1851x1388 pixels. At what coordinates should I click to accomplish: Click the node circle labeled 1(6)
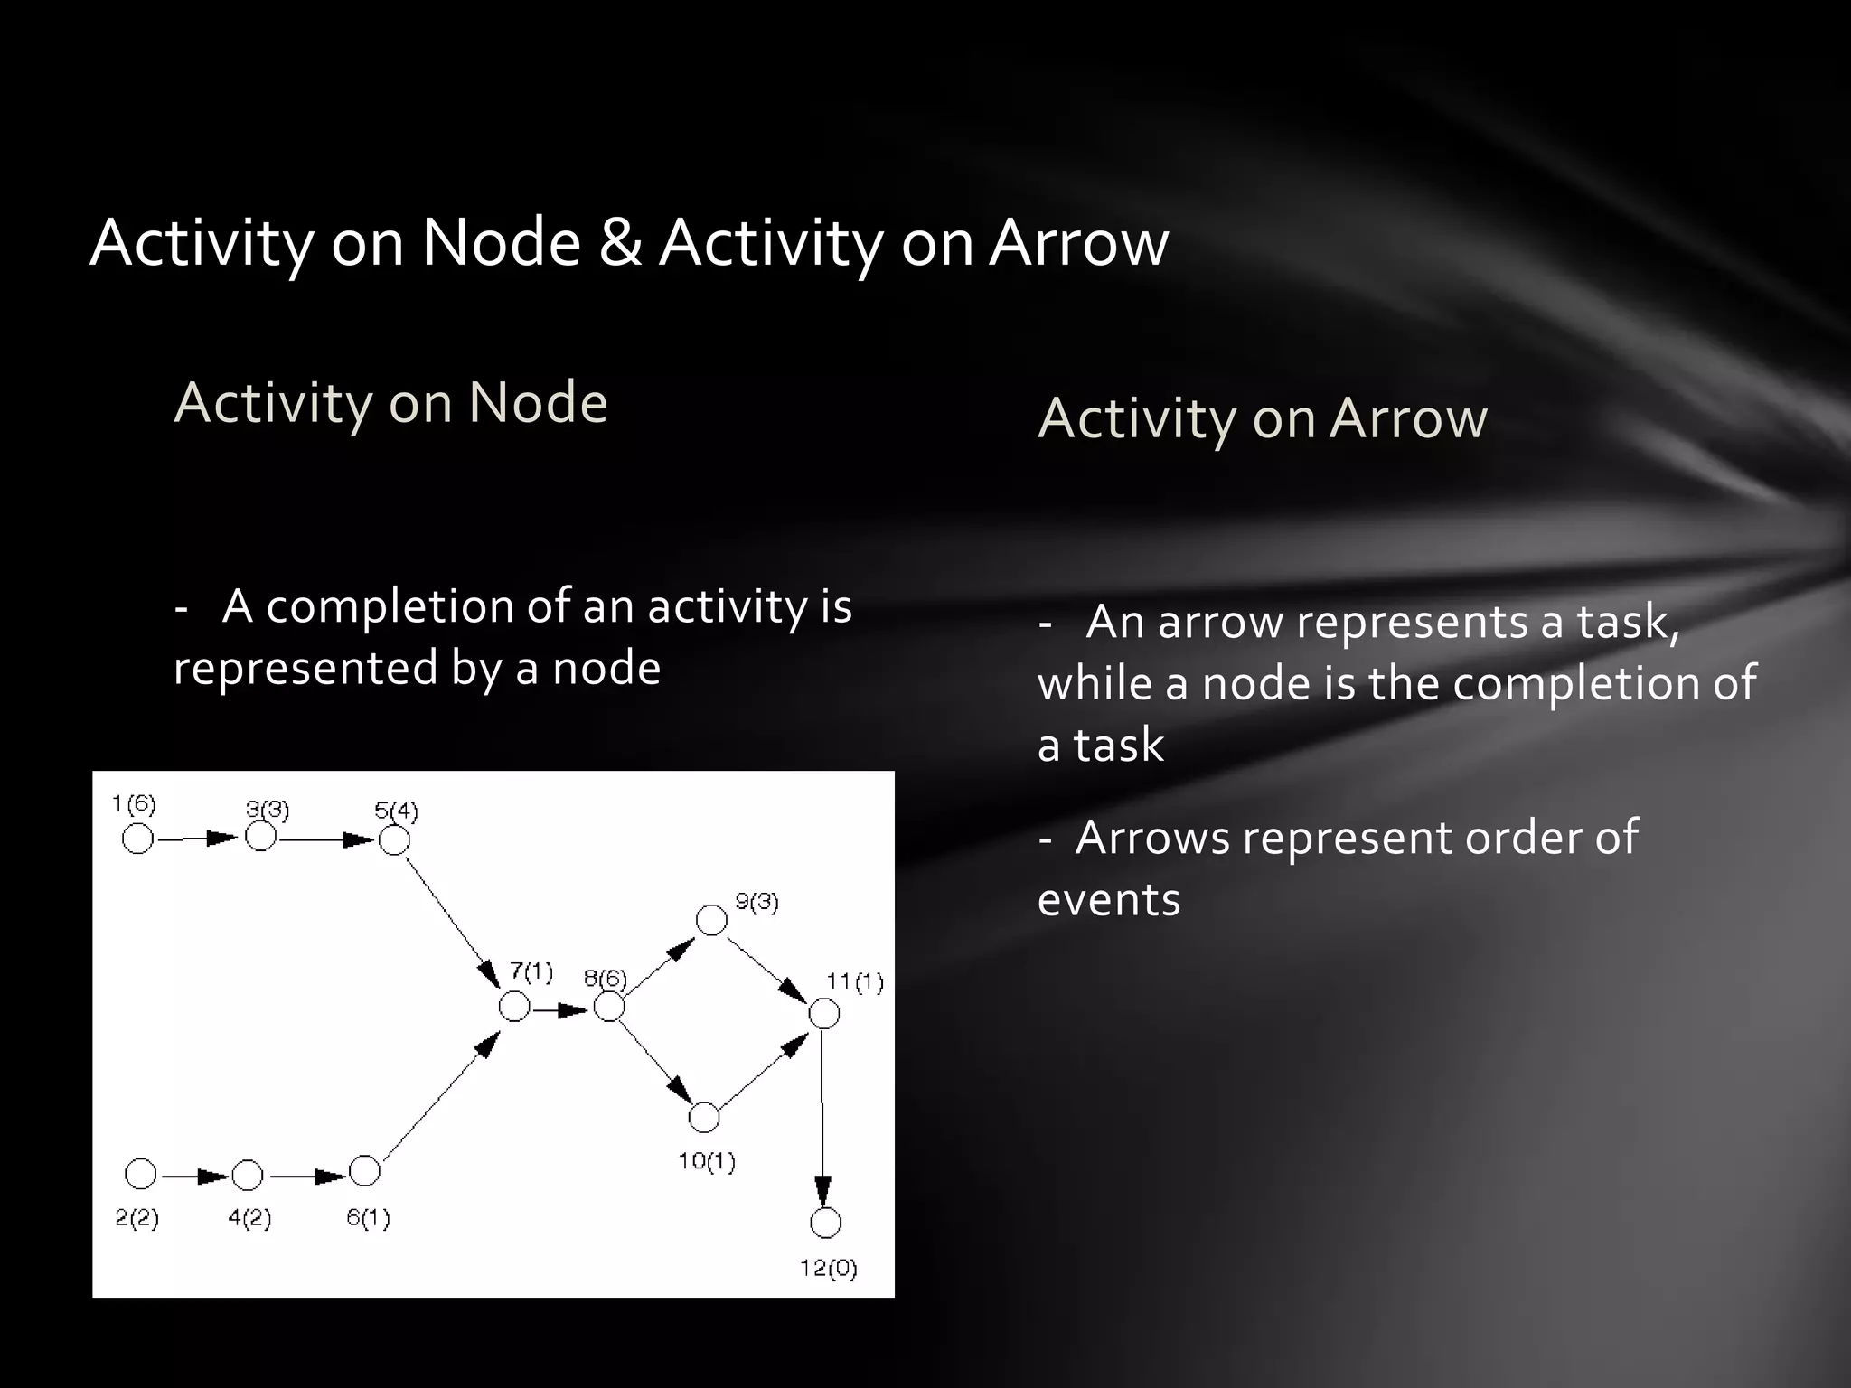[137, 839]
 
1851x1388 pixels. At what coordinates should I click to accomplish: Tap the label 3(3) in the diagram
[268, 809]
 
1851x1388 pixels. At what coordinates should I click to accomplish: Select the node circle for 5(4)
[394, 840]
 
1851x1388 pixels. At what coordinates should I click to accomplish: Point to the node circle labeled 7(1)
[514, 1006]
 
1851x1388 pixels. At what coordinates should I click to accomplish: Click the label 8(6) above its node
[605, 978]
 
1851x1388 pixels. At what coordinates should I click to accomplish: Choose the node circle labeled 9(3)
[711, 921]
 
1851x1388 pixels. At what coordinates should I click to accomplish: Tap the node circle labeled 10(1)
[703, 1118]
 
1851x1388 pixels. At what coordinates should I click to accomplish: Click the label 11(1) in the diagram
[855, 982]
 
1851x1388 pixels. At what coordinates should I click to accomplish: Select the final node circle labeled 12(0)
[825, 1223]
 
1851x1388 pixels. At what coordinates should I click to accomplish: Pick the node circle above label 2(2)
[140, 1175]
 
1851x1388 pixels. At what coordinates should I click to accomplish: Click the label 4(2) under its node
[249, 1218]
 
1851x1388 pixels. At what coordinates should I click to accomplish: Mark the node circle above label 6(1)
[364, 1171]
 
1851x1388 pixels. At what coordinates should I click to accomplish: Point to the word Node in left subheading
[538, 402]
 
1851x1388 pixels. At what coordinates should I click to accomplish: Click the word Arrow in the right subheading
[1408, 418]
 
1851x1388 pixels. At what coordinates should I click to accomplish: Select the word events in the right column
[1109, 900]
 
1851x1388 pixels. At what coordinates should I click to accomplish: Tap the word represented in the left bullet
[305, 669]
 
